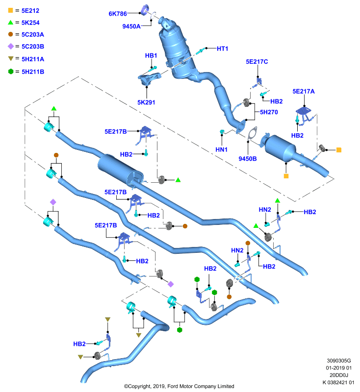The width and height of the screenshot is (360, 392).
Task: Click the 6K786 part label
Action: tap(118, 14)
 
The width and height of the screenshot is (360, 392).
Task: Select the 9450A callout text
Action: tap(131, 26)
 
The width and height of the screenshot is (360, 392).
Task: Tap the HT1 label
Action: tap(222, 49)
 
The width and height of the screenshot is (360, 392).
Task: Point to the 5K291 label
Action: tap(146, 102)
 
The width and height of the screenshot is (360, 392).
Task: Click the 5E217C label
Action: tap(257, 62)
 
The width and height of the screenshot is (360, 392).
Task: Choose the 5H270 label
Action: tap(269, 112)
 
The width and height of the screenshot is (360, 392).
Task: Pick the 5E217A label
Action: tap(304, 92)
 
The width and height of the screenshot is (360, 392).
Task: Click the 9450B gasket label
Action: tap(247, 159)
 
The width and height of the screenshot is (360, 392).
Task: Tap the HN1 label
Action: tap(221, 149)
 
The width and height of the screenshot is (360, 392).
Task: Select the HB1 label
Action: tap(151, 55)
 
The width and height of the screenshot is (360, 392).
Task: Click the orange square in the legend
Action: tap(10, 10)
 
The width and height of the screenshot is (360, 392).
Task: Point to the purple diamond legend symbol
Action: tap(11, 46)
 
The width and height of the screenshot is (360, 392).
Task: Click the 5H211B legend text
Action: tap(33, 72)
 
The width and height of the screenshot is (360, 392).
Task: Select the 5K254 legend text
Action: tap(30, 23)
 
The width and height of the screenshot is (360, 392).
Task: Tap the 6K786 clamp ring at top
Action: tap(145, 9)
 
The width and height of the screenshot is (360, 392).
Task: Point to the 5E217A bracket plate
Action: tap(304, 111)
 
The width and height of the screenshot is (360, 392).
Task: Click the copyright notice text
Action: tap(179, 386)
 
